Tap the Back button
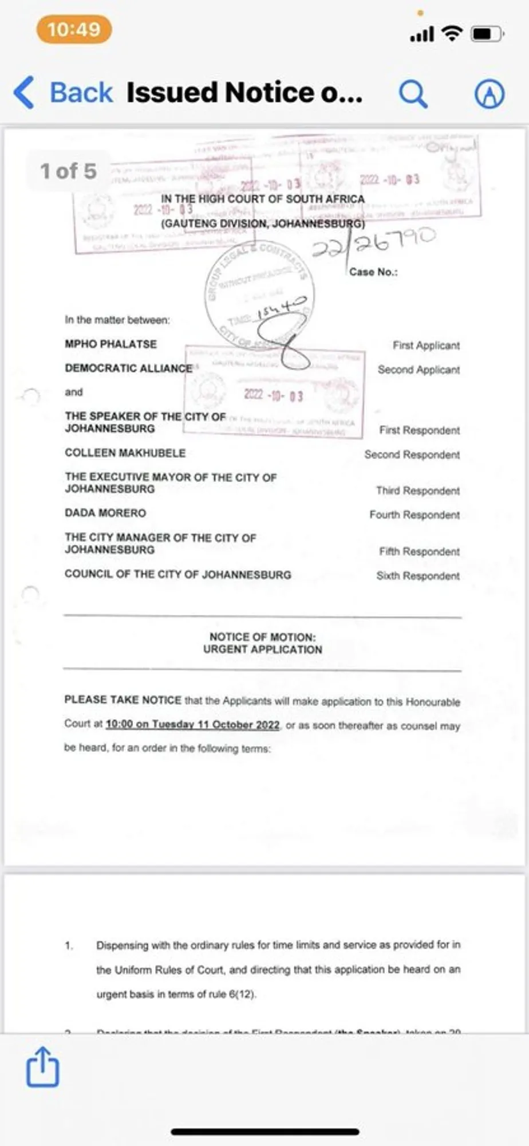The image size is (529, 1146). coord(63,93)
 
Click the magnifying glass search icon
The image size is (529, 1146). coord(413,93)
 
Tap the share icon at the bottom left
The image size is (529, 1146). coord(43,1067)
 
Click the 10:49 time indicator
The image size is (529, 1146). coord(74,30)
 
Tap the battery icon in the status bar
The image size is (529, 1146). coord(486,34)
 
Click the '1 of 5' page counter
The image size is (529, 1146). coord(68,171)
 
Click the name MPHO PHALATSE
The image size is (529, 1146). coord(110,344)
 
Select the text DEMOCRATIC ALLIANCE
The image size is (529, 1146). coord(128,368)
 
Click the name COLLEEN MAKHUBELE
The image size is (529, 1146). coord(125,453)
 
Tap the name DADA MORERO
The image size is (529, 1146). coord(105,513)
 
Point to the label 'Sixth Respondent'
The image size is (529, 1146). coord(418,576)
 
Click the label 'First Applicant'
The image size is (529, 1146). coord(426,346)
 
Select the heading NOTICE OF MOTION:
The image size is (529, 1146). coord(262,637)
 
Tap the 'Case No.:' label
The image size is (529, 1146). coord(373,272)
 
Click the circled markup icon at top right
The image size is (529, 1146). coord(489,94)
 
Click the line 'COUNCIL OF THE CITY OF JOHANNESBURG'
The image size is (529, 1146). coord(177,575)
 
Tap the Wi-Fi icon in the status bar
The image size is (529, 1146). coord(452,34)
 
